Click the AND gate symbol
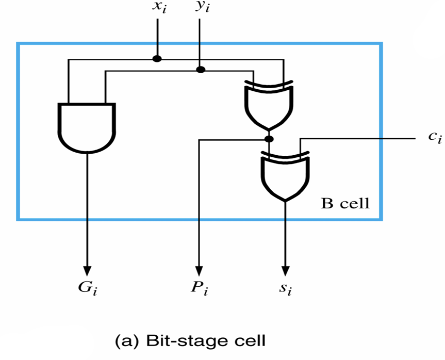click(x=87, y=128)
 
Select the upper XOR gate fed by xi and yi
click(x=269, y=106)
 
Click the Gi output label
click(x=88, y=288)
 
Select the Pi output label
click(x=199, y=288)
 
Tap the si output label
click(x=285, y=289)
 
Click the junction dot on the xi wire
click(x=157, y=59)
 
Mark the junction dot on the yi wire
click(x=201, y=70)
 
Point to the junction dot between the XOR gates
click(x=269, y=139)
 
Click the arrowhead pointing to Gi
click(x=88, y=271)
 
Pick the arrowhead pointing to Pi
click(x=199, y=271)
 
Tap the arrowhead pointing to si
click(x=285, y=271)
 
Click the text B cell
click(x=345, y=203)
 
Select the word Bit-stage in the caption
click(x=187, y=341)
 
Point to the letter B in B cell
click(x=327, y=203)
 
